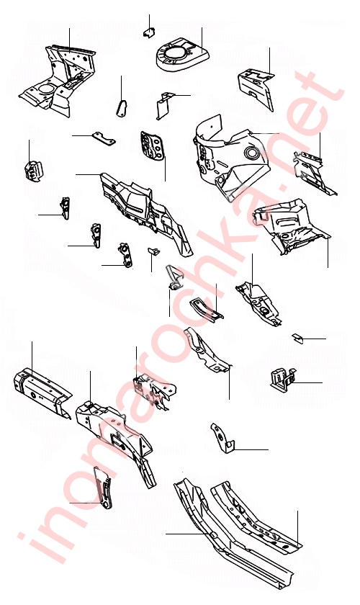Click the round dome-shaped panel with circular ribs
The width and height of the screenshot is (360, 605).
(182, 55)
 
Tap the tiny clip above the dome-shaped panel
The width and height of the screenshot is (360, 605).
(149, 32)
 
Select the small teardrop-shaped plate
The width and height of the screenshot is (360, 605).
(121, 107)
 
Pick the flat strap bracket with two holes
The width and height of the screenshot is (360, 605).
(104, 138)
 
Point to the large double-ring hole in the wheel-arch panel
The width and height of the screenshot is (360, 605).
(252, 153)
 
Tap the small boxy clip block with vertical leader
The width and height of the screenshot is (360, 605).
(33, 171)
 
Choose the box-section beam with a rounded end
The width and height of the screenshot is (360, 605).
(42, 393)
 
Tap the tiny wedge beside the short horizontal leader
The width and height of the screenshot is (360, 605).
(297, 338)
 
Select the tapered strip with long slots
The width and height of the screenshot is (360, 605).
(104, 488)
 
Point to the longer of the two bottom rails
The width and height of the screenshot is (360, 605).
(232, 534)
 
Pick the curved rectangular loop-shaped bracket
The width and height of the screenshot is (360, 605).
(207, 308)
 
